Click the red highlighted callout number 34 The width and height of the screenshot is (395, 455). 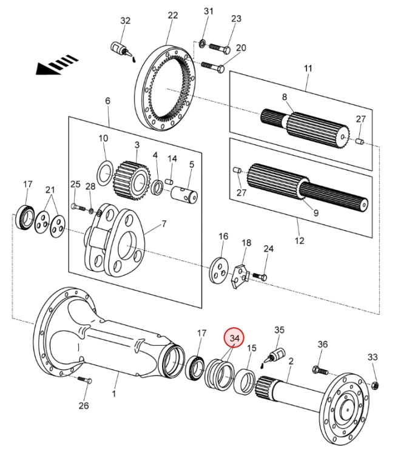pos(234,339)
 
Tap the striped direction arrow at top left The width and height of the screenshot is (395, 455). pos(57,66)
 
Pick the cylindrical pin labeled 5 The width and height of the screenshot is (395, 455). pos(184,194)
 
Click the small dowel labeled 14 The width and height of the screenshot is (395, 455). pos(169,182)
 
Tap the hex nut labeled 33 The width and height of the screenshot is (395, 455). pos(375,386)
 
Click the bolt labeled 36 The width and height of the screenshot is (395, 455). pos(320,371)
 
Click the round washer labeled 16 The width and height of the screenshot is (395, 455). pos(219,271)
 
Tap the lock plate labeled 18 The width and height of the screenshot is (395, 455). pos(240,276)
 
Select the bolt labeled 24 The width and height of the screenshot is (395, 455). pos(260,276)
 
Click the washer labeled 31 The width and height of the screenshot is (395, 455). pos(202,44)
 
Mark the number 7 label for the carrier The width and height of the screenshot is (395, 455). pos(164,224)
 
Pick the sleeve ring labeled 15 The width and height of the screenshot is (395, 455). pos(245,381)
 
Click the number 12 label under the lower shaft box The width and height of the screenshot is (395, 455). pos(299,241)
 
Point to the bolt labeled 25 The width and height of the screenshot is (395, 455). pos(78,207)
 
